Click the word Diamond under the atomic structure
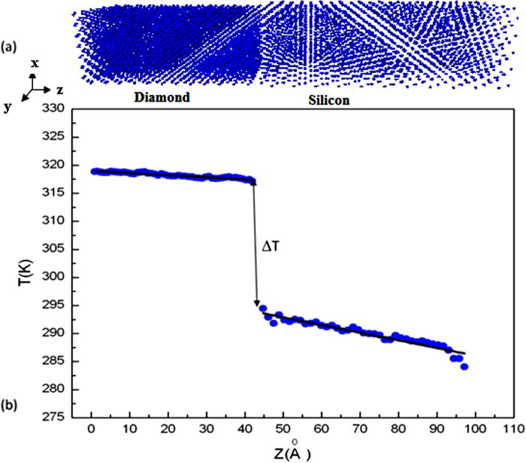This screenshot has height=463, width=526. (x=162, y=98)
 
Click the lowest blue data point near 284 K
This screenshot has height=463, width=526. (x=464, y=367)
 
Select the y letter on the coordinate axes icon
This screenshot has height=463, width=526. (x=8, y=107)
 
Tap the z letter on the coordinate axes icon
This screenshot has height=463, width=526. (x=59, y=89)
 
